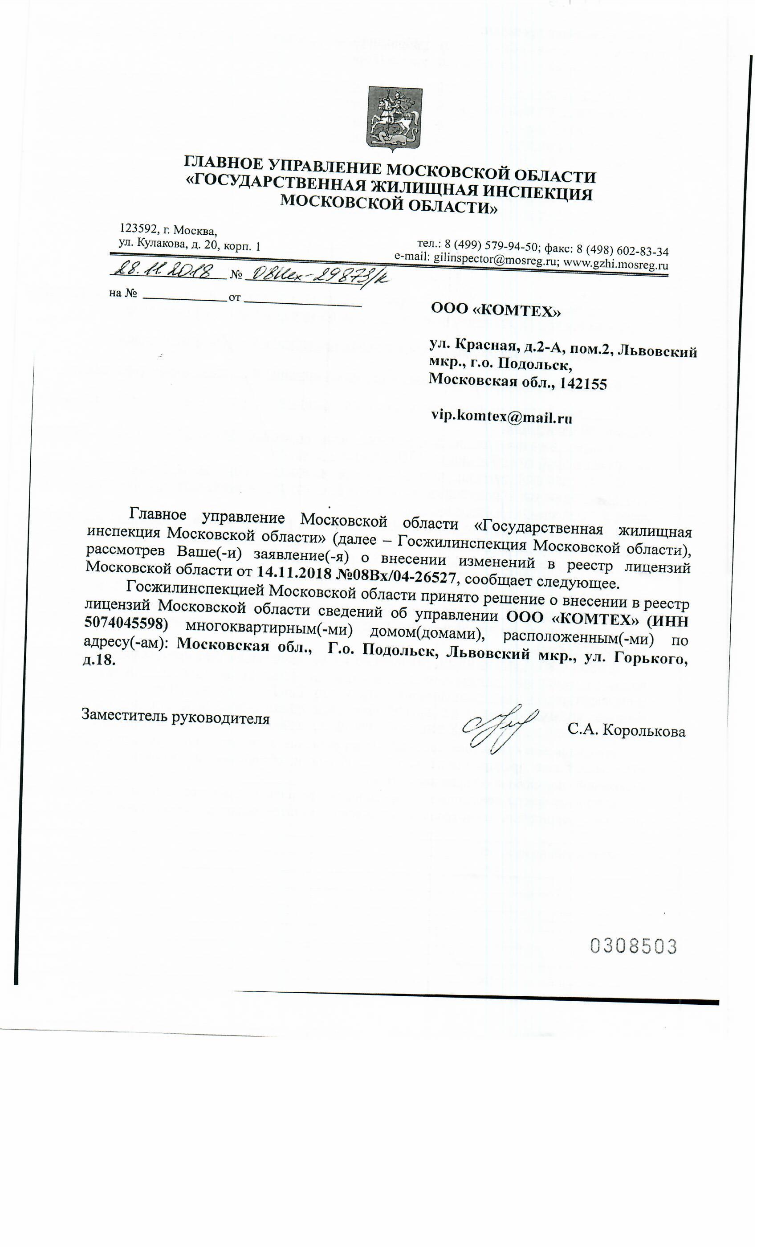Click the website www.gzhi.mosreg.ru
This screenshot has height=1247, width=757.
[x=616, y=265]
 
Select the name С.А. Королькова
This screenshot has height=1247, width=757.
[x=626, y=731]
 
